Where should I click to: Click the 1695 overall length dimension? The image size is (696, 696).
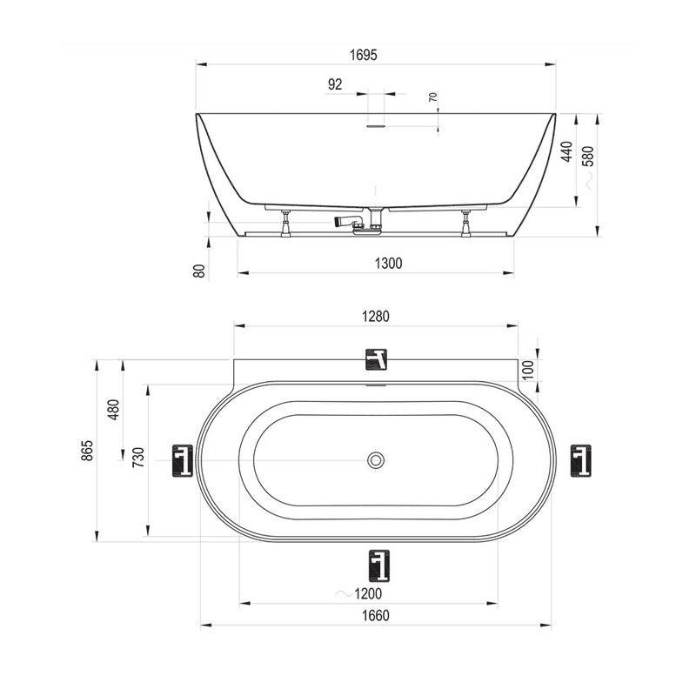[363, 55]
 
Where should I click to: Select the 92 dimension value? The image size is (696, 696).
[335, 84]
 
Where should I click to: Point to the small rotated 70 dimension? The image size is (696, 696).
[433, 97]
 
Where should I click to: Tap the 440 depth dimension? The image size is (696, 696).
[567, 151]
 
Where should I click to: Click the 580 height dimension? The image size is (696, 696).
[588, 157]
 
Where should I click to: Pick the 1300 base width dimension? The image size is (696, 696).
[388, 264]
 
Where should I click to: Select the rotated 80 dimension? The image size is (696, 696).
[200, 271]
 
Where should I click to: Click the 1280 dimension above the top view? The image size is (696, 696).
[376, 317]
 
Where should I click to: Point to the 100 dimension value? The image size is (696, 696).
[527, 370]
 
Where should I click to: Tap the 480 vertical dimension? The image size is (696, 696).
[114, 410]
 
